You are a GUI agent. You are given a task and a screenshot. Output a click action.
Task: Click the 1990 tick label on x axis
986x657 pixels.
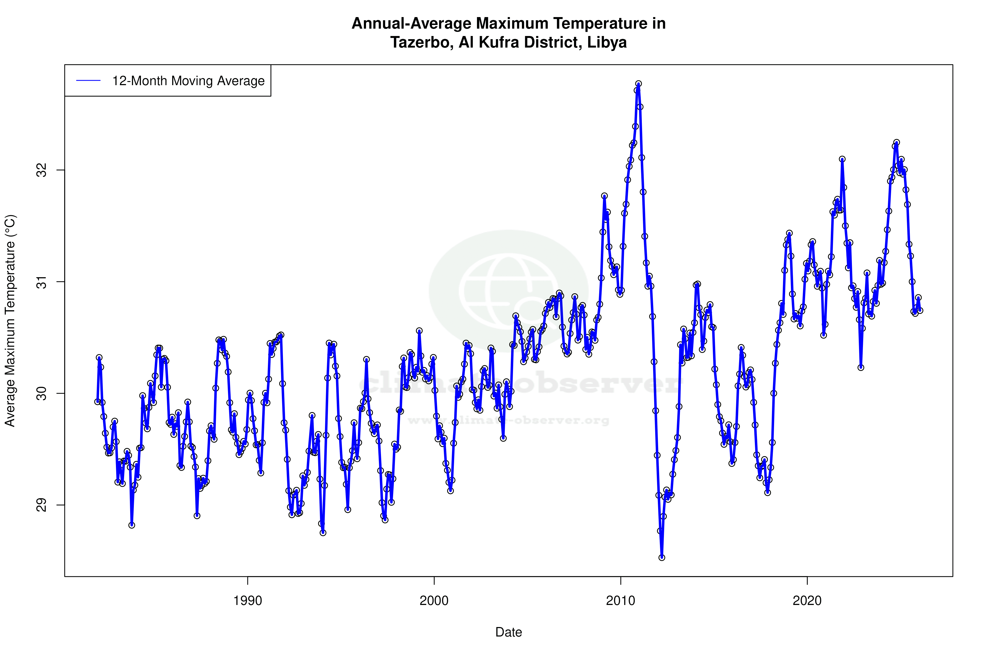click(247, 601)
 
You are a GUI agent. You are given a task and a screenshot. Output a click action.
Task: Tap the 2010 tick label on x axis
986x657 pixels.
click(621, 601)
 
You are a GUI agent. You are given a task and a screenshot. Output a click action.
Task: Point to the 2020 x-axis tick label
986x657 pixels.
click(807, 601)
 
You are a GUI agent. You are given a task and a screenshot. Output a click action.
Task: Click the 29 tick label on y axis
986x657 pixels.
click(42, 505)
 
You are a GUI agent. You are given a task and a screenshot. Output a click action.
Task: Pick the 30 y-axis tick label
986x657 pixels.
click(42, 393)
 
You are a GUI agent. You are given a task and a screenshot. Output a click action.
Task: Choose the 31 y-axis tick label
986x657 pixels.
click(42, 281)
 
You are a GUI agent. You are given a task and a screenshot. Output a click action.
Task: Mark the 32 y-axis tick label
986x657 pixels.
click(42, 170)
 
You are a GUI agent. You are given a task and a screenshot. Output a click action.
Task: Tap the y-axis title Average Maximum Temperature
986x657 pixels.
click(10, 321)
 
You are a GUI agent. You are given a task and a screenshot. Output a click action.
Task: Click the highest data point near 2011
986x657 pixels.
click(638, 84)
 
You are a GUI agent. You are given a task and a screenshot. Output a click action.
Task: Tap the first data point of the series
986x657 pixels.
click(97, 401)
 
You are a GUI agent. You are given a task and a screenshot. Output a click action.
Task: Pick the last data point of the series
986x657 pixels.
click(920, 310)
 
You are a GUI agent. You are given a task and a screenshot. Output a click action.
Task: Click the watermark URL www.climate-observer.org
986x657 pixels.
click(509, 420)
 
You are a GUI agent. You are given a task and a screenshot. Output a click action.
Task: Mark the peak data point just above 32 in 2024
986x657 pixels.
click(897, 142)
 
